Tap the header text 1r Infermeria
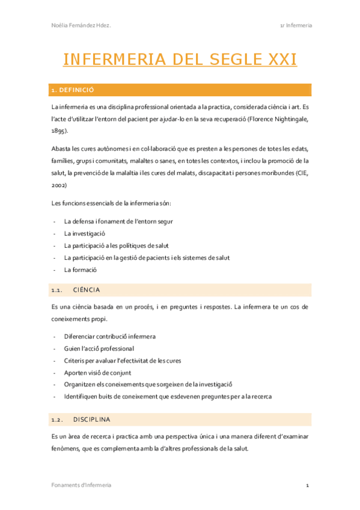click(x=296, y=25)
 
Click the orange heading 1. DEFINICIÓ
click(x=73, y=90)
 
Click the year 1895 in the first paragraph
click(x=59, y=130)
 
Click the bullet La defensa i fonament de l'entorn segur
click(x=118, y=221)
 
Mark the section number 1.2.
click(x=58, y=419)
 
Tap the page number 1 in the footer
click(x=307, y=485)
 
